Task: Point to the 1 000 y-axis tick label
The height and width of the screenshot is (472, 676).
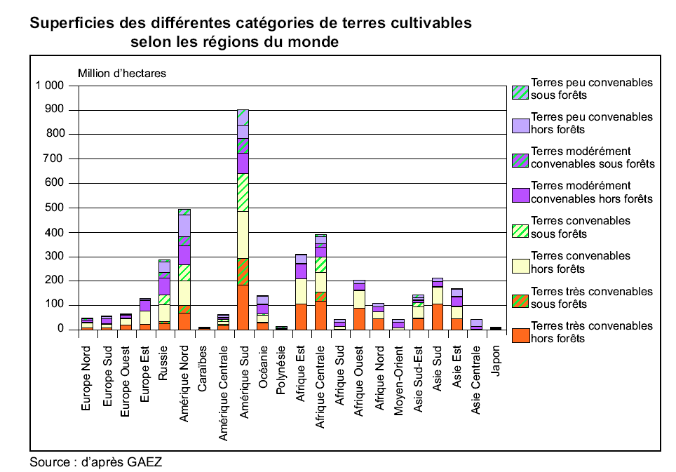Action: pyautogui.click(x=48, y=86)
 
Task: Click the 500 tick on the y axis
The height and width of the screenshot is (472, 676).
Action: pyautogui.click(x=54, y=208)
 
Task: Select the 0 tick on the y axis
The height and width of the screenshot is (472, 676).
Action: pyautogui.click(x=60, y=329)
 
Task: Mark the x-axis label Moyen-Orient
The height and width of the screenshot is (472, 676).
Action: pyautogui.click(x=399, y=376)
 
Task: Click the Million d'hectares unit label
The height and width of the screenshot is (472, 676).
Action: pyautogui.click(x=121, y=73)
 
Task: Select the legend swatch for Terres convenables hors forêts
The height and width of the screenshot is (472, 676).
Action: pyautogui.click(x=520, y=266)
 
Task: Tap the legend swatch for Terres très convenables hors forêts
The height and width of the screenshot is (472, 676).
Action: pyautogui.click(x=520, y=336)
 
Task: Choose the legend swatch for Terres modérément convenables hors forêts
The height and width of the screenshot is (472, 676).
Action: pyautogui.click(x=520, y=196)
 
